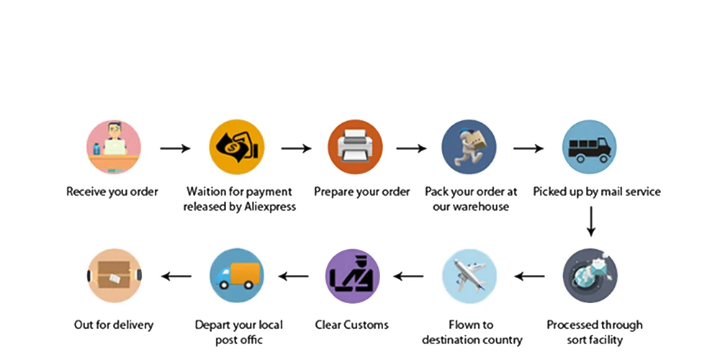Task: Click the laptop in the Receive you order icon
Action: (x=114, y=147)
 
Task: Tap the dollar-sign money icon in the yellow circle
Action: (x=236, y=148)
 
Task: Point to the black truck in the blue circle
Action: (x=590, y=148)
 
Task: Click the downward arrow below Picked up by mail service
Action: (x=591, y=222)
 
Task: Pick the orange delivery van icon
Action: (x=236, y=276)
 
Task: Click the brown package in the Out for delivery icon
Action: (x=114, y=276)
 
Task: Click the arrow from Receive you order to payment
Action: (x=175, y=148)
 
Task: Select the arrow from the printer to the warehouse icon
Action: (x=411, y=148)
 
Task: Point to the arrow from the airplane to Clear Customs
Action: (x=408, y=276)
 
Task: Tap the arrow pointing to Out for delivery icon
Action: (x=176, y=276)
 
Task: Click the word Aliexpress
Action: (x=269, y=207)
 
